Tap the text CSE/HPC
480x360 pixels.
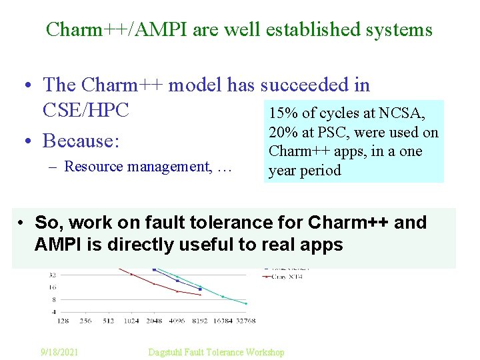coord(85,110)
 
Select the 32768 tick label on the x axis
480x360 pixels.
coord(244,321)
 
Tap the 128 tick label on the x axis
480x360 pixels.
coord(63,321)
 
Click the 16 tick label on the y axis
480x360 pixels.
coord(52,287)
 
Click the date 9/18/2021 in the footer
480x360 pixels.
coord(59,352)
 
